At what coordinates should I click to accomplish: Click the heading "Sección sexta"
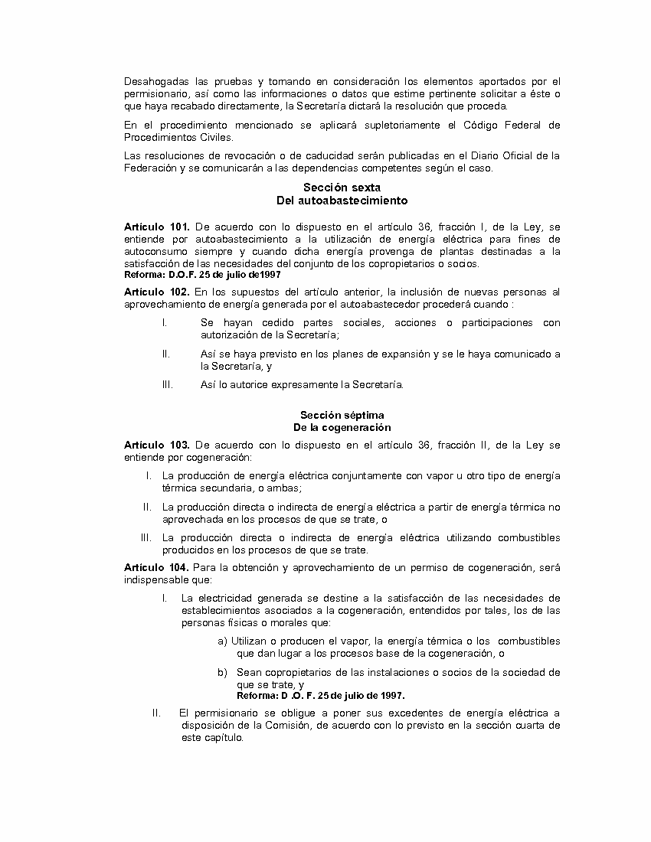pos(342,188)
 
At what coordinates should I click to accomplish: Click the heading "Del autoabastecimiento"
pos(342,201)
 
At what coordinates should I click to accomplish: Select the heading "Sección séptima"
pos(342,415)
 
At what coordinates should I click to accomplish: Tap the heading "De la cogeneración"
pos(342,427)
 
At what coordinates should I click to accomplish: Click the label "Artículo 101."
pos(156,227)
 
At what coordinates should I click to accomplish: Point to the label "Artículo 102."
pos(156,292)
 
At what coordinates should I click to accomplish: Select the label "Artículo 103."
pos(156,445)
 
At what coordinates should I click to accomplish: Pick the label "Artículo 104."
pos(156,568)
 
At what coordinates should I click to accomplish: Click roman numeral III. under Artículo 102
pos(168,385)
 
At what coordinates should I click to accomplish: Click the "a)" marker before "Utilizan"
pos(222,641)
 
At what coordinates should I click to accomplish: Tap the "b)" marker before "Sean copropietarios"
pos(222,672)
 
